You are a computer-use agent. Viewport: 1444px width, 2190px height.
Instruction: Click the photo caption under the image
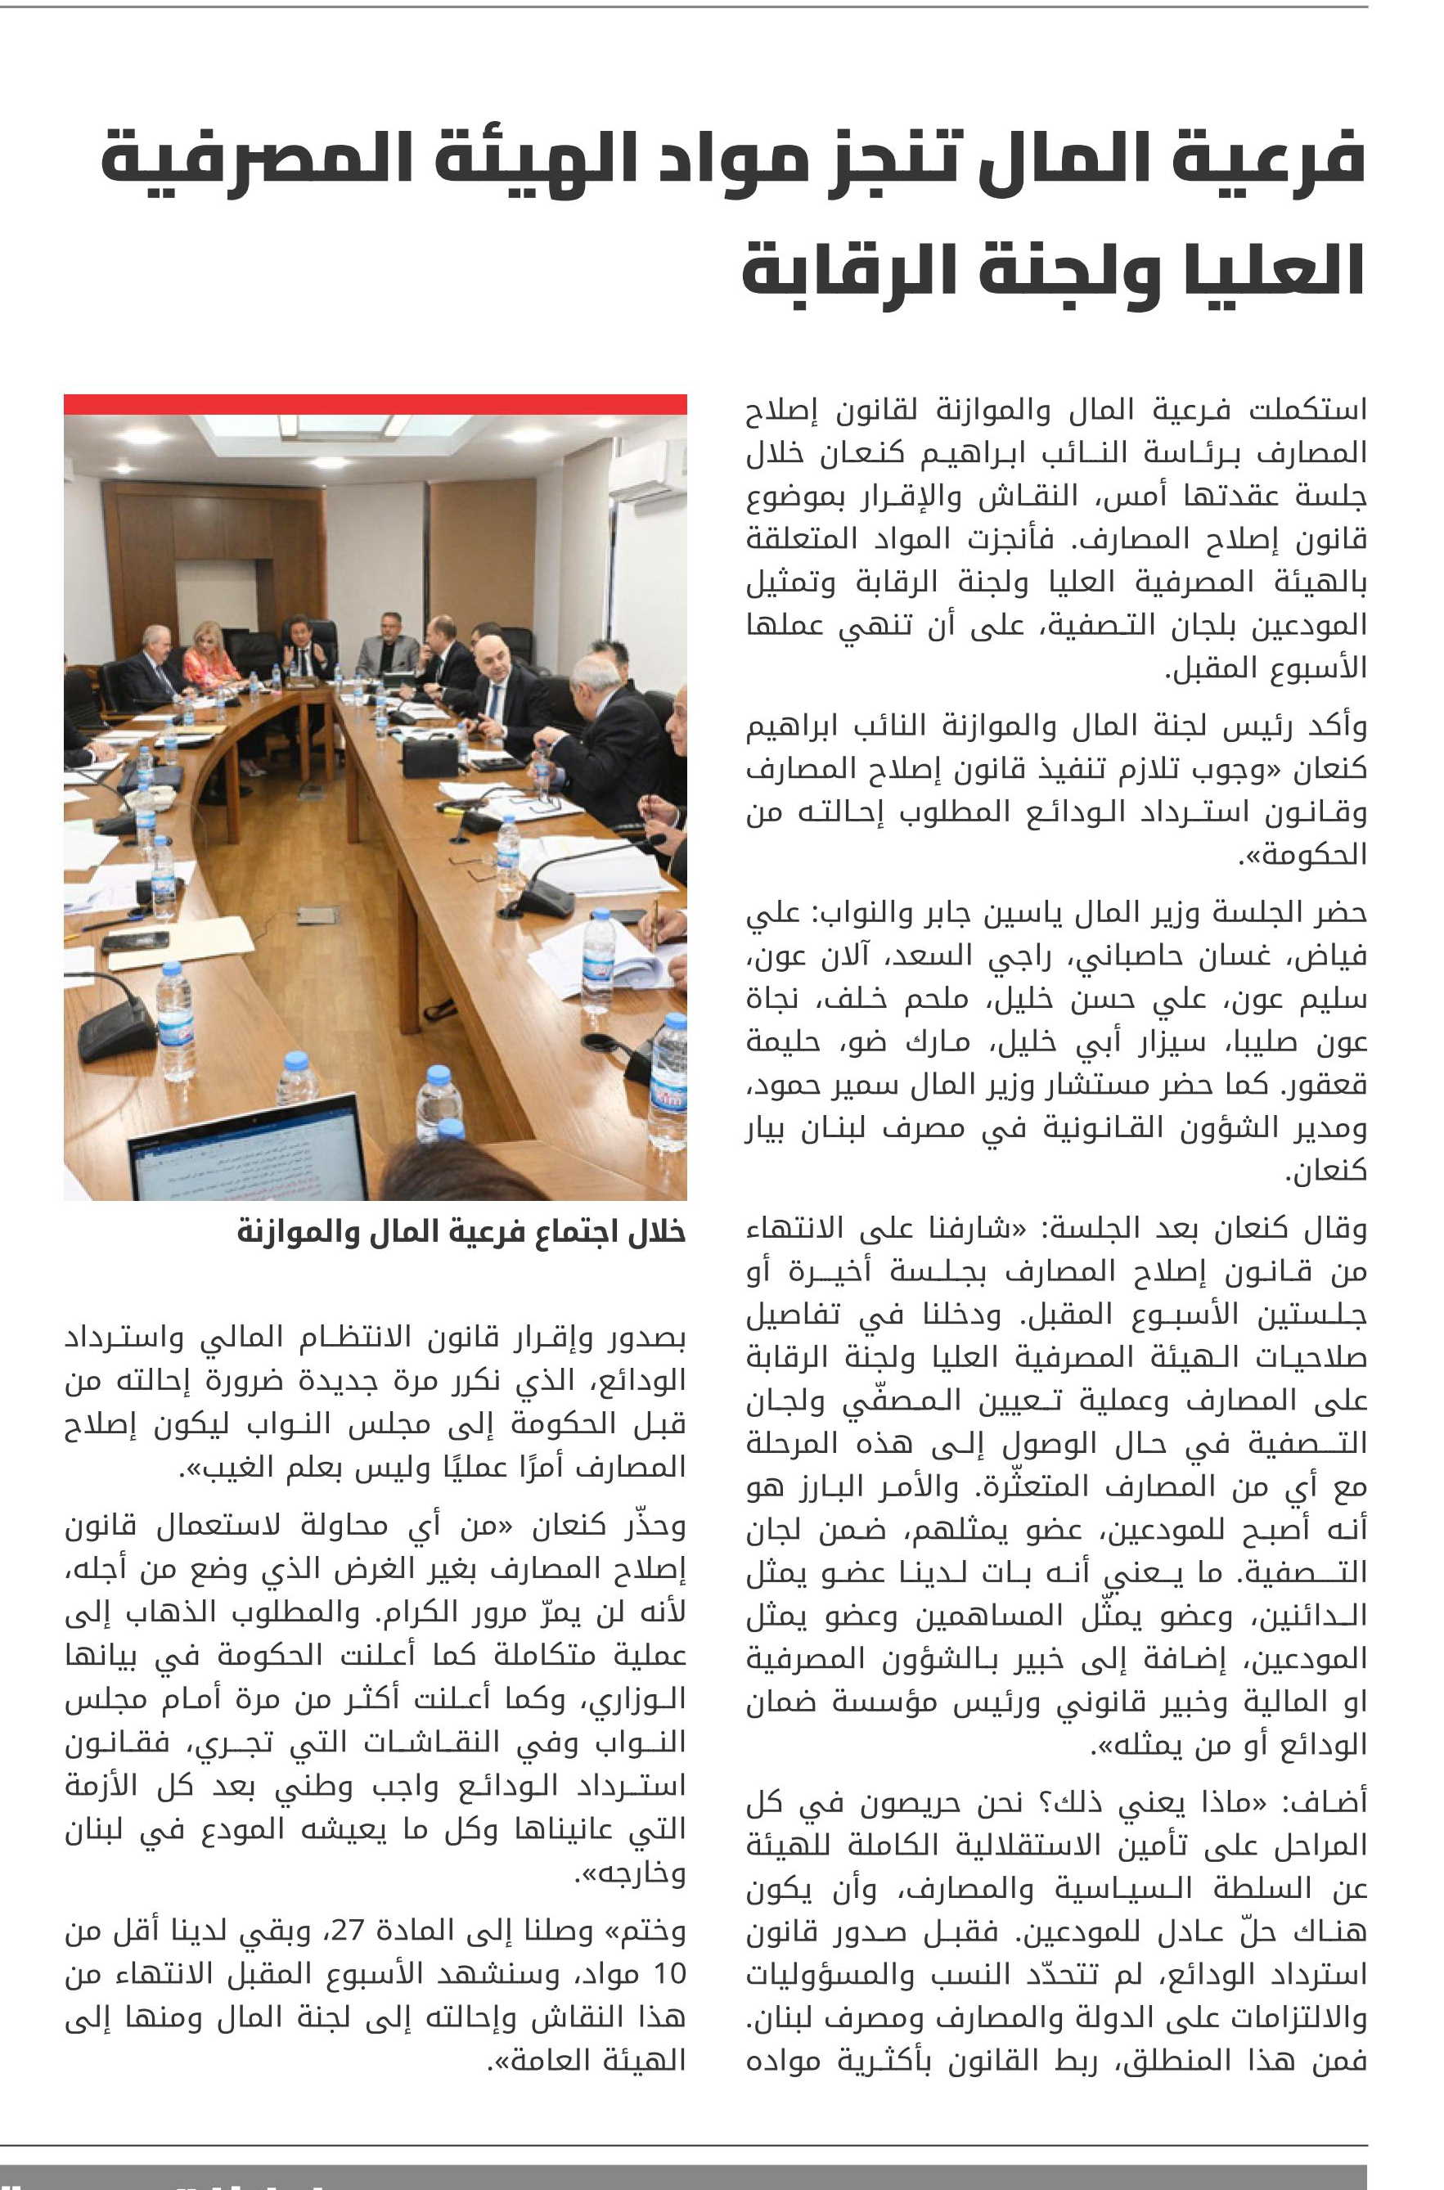point(461,1232)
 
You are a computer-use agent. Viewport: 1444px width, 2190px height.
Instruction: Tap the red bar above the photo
point(375,403)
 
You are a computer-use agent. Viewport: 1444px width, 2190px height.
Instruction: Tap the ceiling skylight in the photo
point(338,425)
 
